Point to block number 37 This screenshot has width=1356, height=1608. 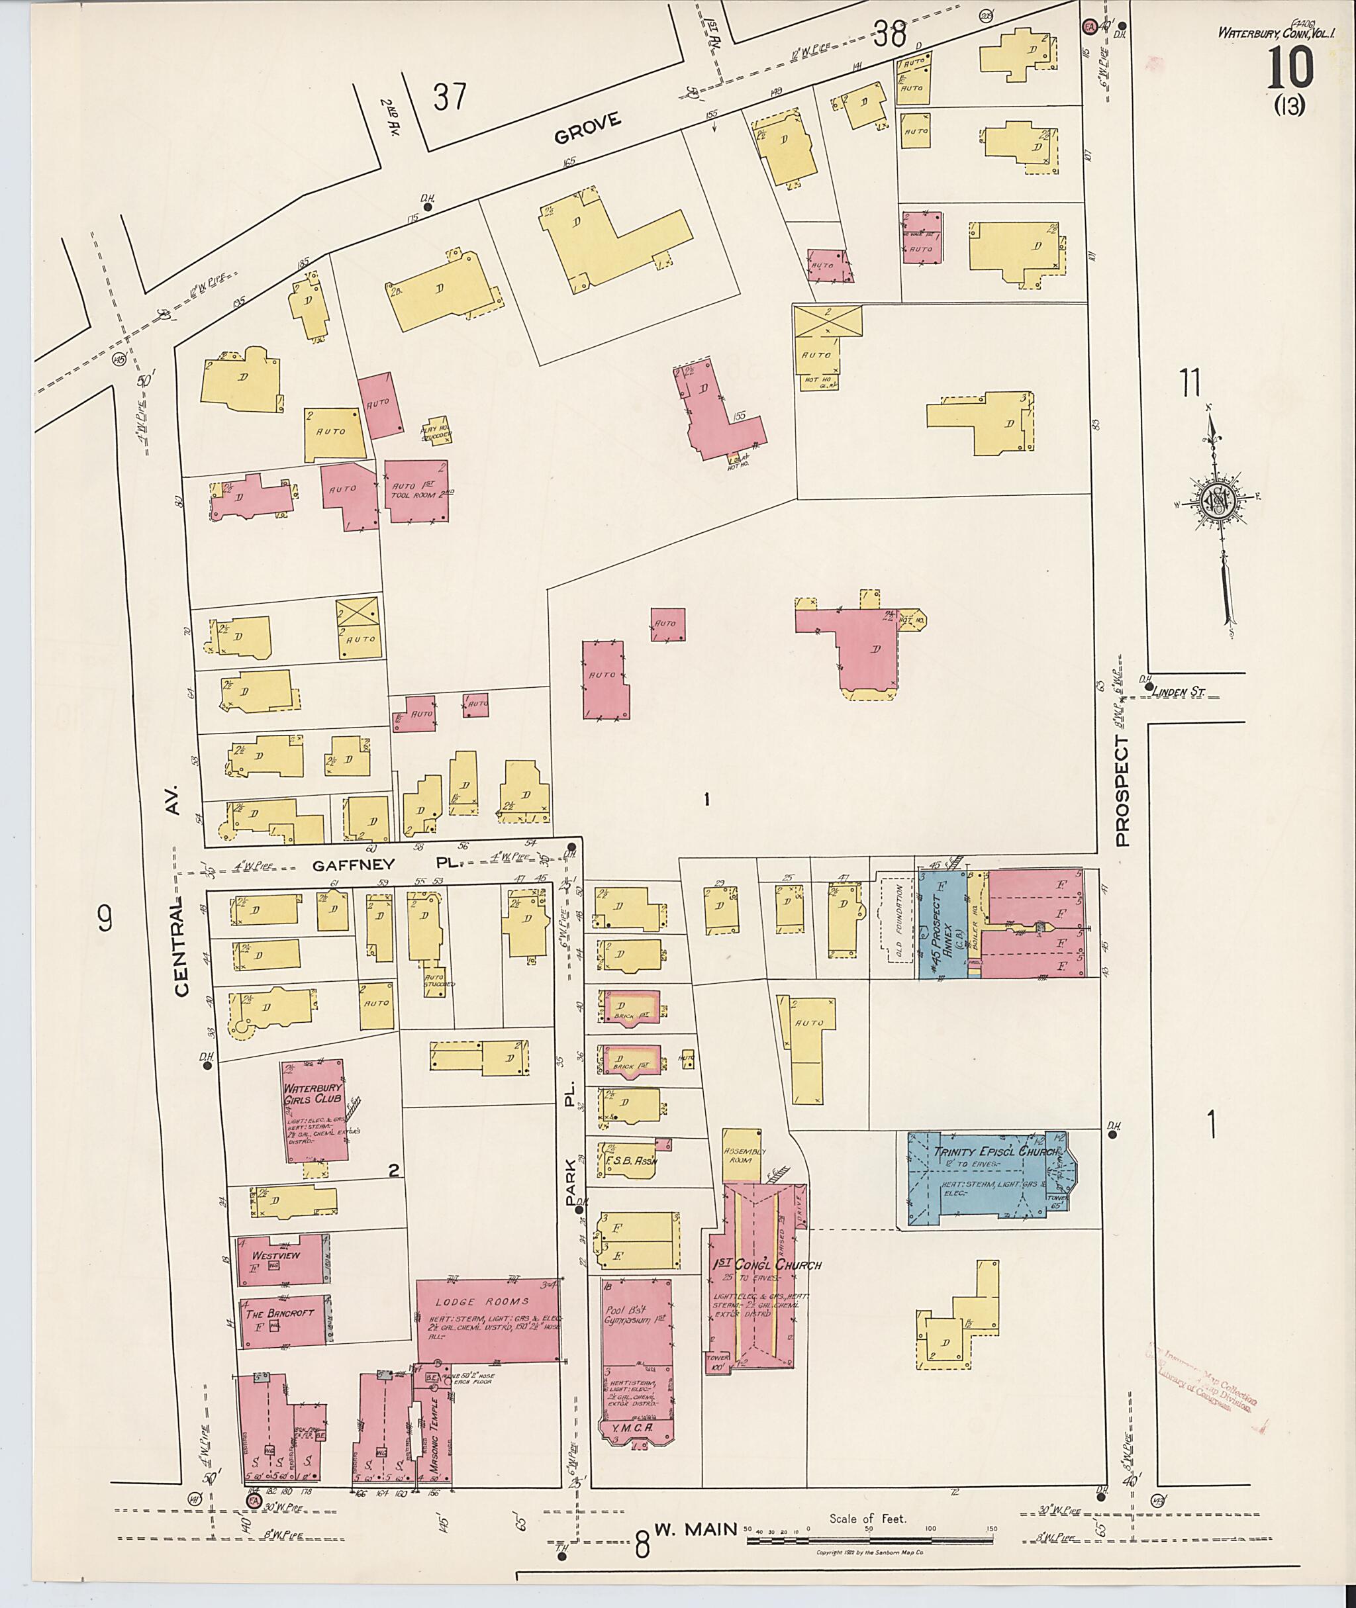450,97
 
